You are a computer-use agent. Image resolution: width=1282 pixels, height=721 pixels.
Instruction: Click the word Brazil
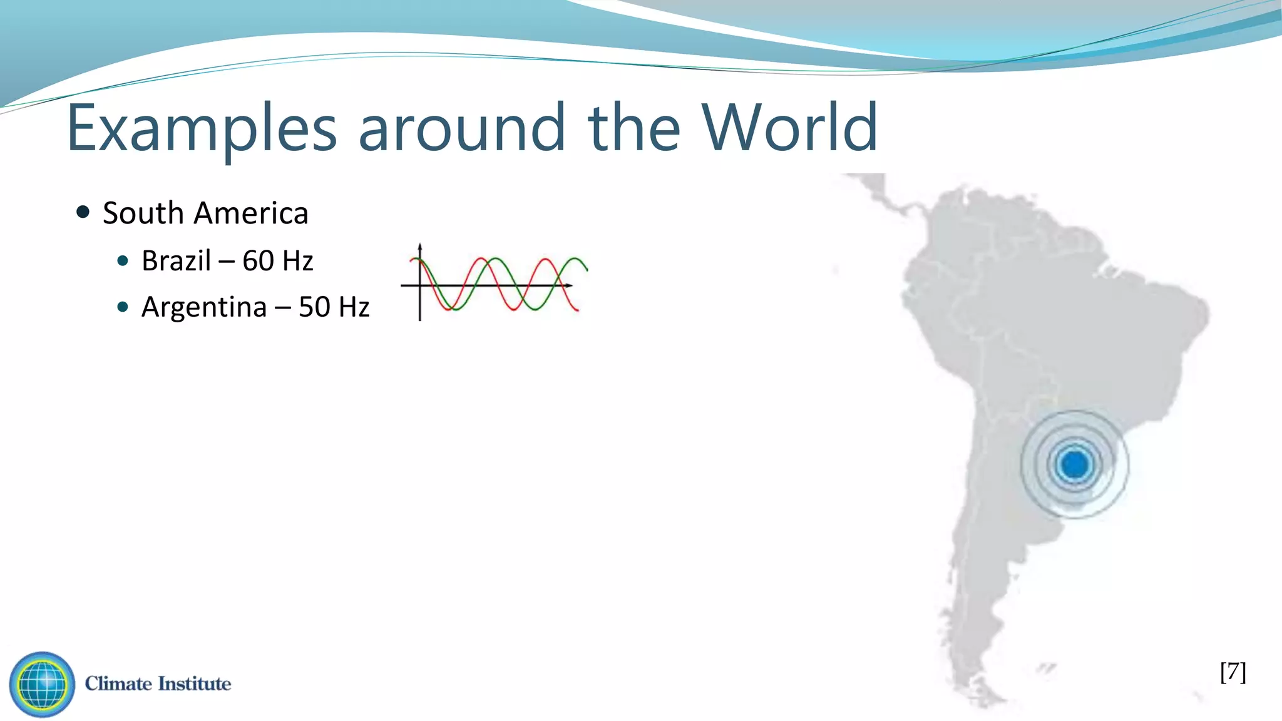(176, 260)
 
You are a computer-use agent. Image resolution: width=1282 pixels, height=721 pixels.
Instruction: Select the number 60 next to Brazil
(259, 260)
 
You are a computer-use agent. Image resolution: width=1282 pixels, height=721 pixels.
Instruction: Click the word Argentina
(204, 307)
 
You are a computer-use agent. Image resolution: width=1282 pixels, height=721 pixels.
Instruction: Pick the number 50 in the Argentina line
(314, 307)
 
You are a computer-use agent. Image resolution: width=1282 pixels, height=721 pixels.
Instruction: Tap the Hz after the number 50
(354, 307)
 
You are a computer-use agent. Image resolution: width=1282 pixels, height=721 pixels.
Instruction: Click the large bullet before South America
(83, 212)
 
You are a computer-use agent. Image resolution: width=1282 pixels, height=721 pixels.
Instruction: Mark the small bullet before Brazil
(123, 260)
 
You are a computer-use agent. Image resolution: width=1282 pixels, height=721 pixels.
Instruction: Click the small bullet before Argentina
(123, 307)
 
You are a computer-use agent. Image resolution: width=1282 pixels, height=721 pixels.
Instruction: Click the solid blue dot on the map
(1075, 464)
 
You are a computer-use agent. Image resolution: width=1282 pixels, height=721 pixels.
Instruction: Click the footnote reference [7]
(1233, 672)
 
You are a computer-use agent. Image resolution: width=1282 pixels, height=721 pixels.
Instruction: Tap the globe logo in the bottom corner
(42, 684)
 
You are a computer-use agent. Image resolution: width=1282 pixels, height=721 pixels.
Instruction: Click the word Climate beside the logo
(118, 683)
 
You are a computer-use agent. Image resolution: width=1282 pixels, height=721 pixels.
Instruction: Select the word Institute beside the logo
(194, 683)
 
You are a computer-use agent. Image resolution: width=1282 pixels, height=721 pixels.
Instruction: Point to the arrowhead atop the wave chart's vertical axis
(419, 246)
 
